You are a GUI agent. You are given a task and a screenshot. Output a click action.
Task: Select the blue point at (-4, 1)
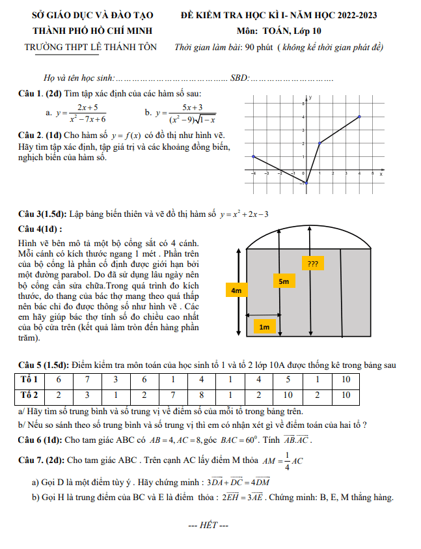[x=253, y=156]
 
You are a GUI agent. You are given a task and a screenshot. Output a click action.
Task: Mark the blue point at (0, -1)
[x=306, y=183]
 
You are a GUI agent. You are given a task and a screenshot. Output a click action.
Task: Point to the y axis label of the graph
[x=311, y=98]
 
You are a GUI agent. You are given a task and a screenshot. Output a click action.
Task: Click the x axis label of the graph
[x=381, y=175]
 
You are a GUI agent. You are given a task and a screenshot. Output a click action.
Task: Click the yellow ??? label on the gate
[x=312, y=264]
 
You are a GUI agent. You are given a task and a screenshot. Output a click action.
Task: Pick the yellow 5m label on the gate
[x=283, y=281]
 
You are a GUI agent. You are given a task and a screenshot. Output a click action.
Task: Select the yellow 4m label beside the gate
[x=236, y=290]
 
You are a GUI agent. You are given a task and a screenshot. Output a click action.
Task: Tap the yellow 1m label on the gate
[x=264, y=327]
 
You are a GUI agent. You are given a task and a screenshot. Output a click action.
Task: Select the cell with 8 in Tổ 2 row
[x=202, y=395]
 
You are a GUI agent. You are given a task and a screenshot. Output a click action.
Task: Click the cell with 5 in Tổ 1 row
[x=288, y=379]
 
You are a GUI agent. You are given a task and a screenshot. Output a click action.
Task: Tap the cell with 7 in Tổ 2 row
[x=173, y=395]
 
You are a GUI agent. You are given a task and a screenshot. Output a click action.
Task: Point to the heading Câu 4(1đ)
[x=40, y=229]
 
